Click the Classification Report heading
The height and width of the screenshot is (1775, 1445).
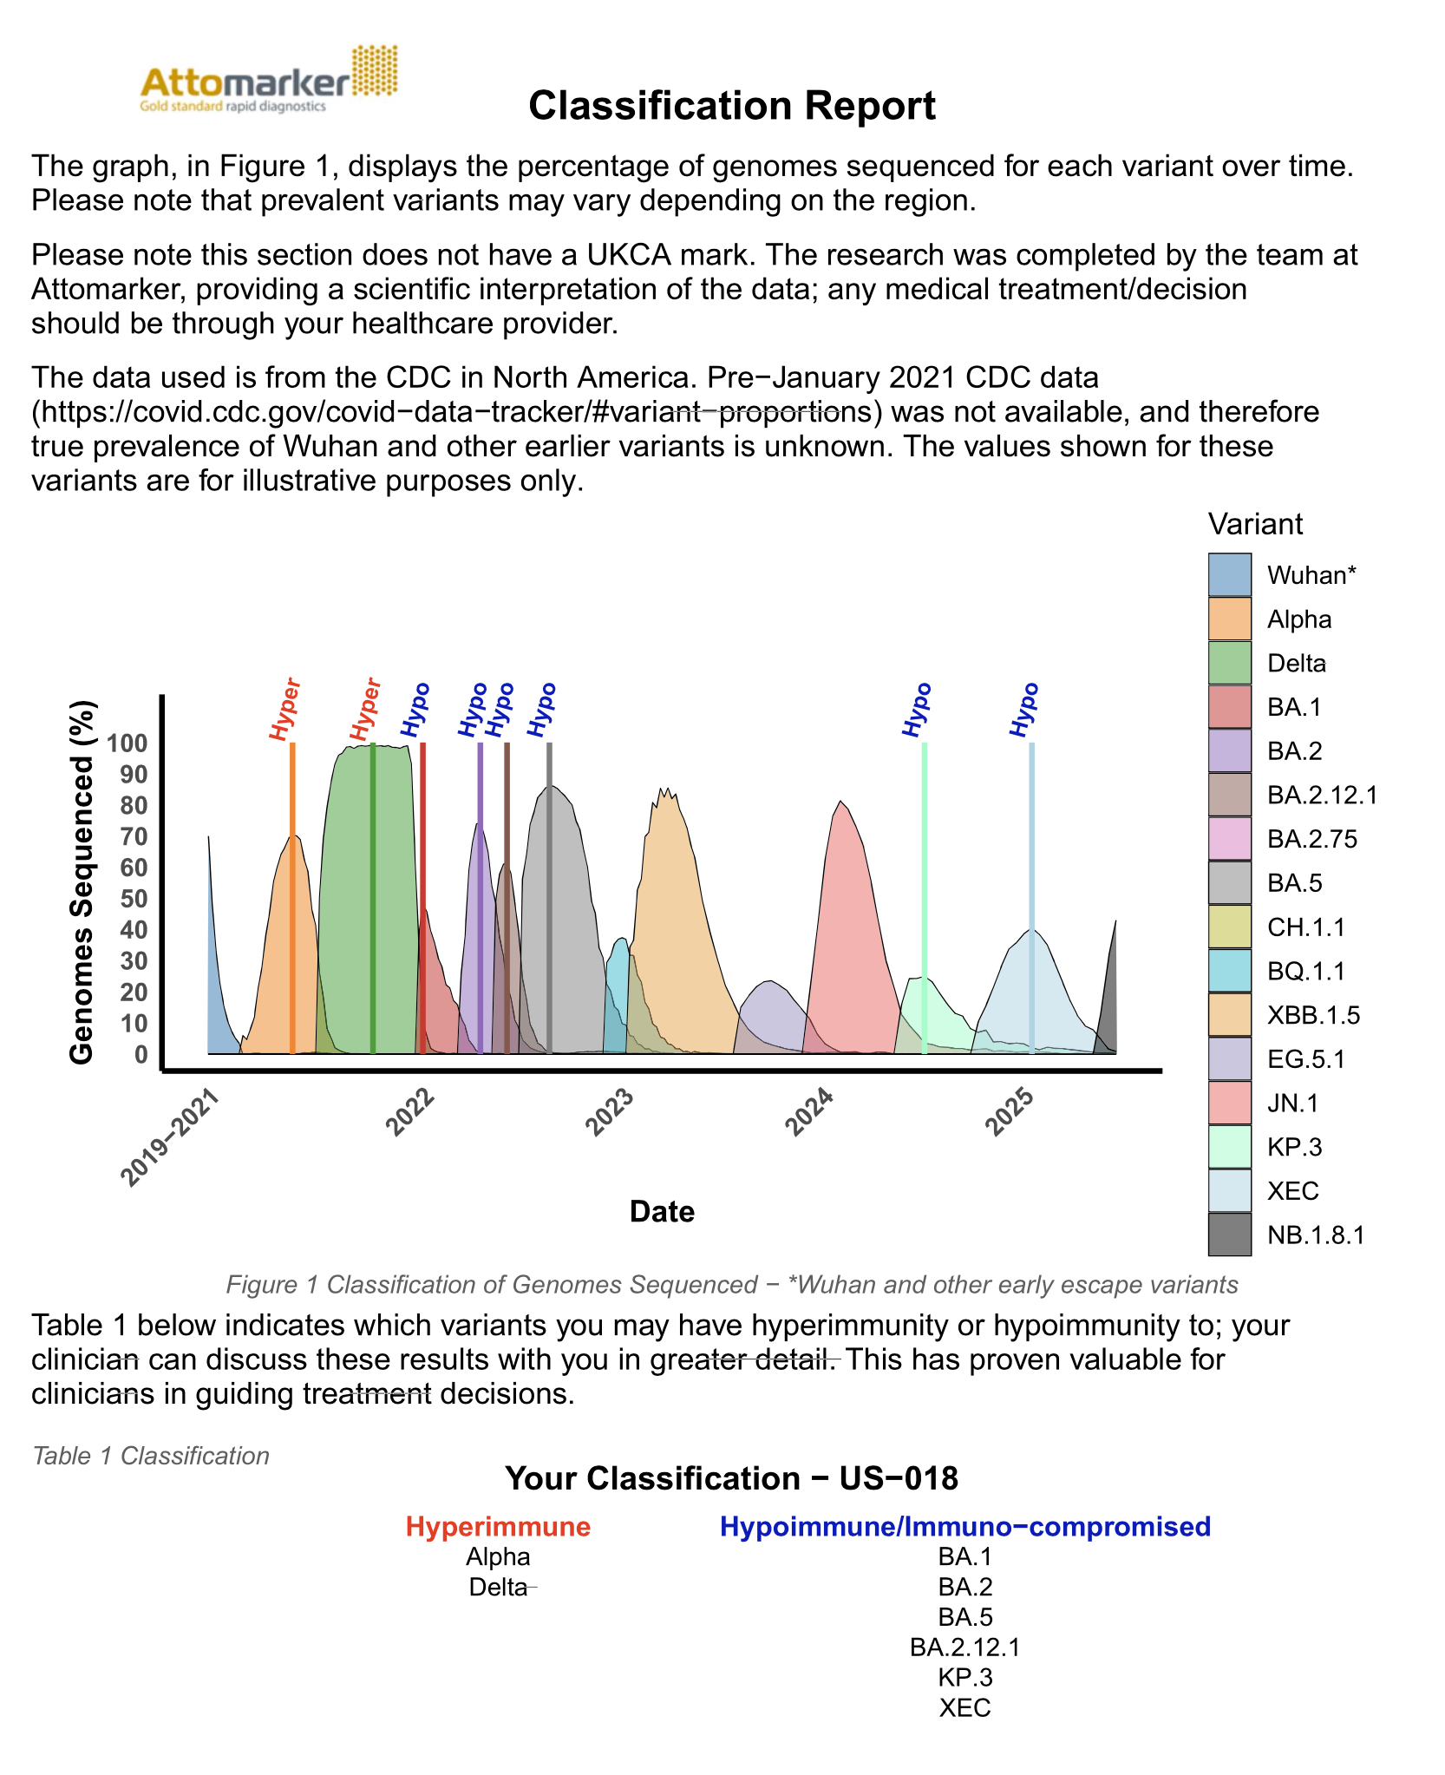point(732,106)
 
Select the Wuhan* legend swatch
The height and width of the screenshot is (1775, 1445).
point(1230,574)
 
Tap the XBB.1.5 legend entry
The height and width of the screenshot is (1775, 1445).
point(1313,1015)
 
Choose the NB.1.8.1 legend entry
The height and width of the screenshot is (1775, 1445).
point(1316,1235)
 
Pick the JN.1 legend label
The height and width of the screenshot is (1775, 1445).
point(1292,1103)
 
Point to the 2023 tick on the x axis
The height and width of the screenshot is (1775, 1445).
point(611,1111)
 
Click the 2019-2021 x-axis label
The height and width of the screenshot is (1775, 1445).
point(171,1136)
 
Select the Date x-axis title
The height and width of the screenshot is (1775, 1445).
point(662,1211)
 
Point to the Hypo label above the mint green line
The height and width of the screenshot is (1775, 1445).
point(917,711)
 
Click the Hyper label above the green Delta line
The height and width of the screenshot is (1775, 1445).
point(366,710)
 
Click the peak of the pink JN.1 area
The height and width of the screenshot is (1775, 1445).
point(840,802)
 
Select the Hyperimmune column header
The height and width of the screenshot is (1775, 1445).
point(498,1526)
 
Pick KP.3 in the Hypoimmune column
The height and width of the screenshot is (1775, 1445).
point(964,1677)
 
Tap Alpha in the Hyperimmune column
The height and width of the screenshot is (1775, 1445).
point(498,1556)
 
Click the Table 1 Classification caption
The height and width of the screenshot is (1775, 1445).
point(151,1456)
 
